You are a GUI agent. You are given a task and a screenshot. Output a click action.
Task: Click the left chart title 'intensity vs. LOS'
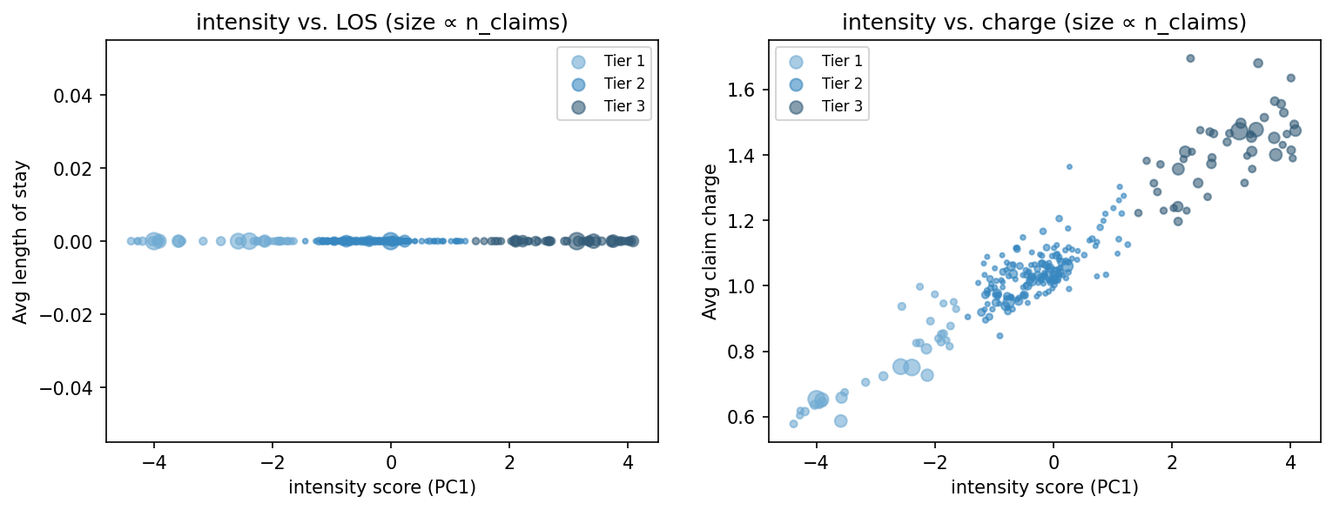tap(381, 23)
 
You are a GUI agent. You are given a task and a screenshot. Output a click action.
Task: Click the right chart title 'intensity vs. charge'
tap(1044, 23)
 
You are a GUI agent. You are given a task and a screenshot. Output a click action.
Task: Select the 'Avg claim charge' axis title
tap(710, 241)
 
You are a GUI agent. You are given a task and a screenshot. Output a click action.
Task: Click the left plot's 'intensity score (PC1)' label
tap(381, 487)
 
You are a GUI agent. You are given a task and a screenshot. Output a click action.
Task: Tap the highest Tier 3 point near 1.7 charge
tap(1190, 58)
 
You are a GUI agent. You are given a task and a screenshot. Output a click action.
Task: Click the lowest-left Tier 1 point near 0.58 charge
tap(793, 424)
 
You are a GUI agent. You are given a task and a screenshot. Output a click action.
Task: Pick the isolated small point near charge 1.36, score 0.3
tap(1069, 166)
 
